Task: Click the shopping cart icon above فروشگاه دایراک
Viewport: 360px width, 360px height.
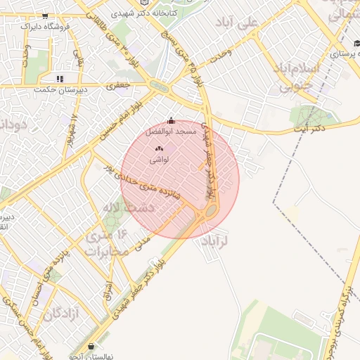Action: click(x=46, y=15)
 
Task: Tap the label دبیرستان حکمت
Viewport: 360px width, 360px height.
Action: click(x=60, y=89)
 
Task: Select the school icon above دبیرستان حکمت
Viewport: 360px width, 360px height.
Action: click(x=60, y=79)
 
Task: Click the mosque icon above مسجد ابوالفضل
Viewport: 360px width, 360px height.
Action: click(x=172, y=120)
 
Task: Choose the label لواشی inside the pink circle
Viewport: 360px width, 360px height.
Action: click(x=158, y=160)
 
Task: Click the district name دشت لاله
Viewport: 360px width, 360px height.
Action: click(x=117, y=208)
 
